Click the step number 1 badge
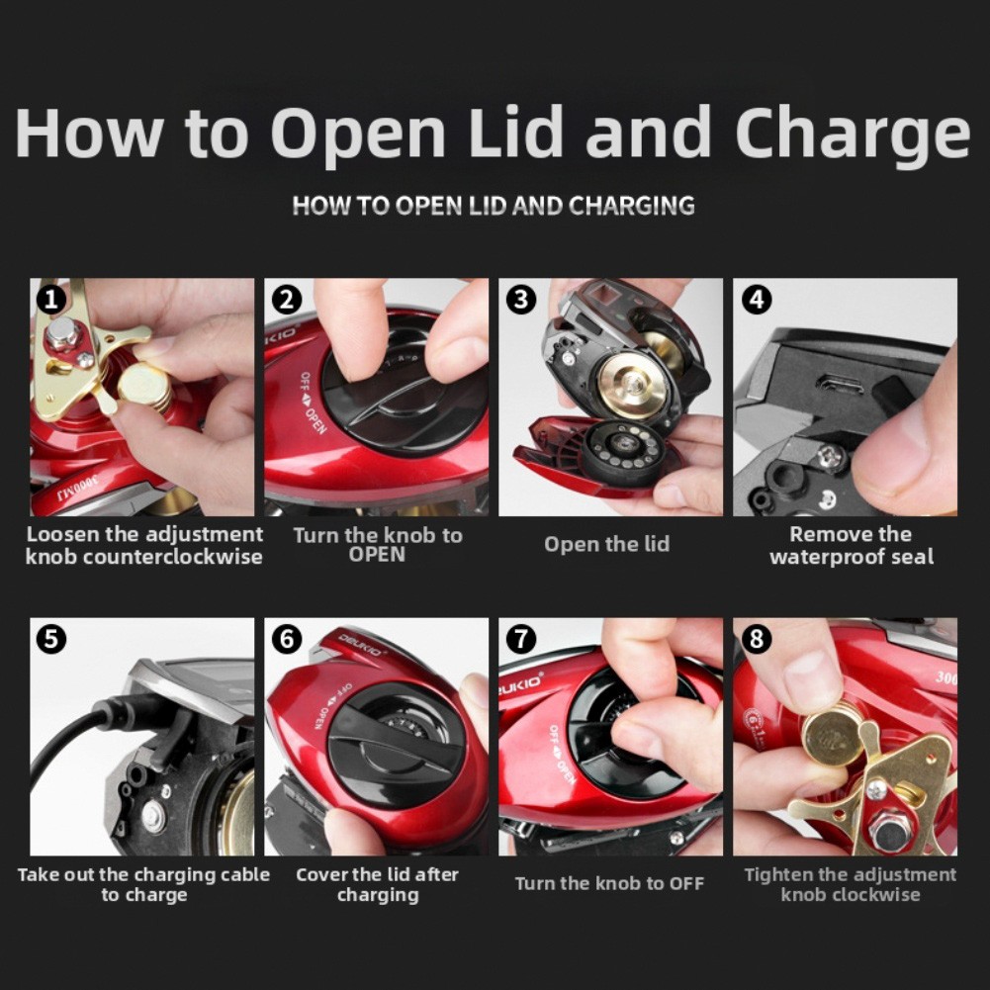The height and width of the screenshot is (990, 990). [51, 300]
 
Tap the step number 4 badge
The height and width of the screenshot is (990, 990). [757, 300]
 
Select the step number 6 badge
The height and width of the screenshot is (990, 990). [287, 639]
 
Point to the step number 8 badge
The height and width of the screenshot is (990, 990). [757, 639]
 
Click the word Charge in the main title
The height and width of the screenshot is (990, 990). [853, 135]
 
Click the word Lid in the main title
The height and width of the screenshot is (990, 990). [516, 132]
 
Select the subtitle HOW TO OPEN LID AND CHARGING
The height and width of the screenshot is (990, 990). [494, 206]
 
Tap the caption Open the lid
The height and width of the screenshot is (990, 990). [606, 544]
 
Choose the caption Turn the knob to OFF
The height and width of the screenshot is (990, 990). [609, 883]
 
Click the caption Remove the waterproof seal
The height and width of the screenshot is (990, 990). [852, 546]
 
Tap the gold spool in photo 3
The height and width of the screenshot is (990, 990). [632, 385]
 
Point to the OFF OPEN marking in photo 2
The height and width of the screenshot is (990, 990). [313, 403]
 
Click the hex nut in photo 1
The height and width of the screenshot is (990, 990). [62, 334]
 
